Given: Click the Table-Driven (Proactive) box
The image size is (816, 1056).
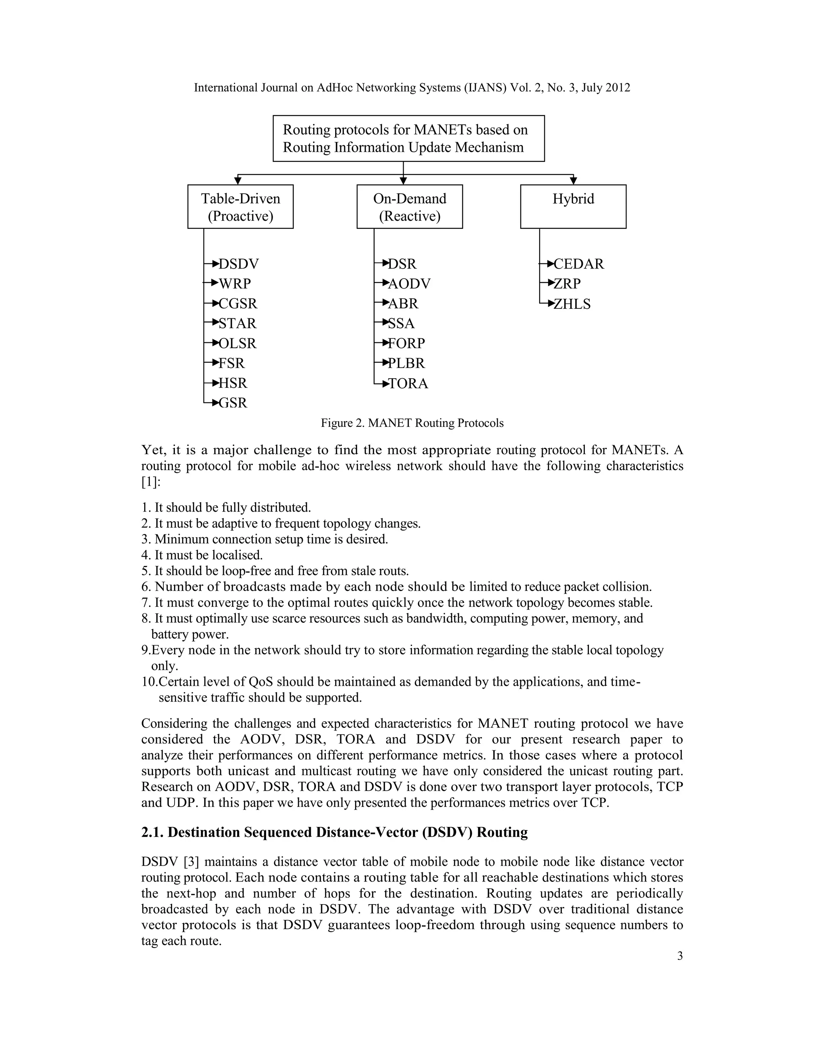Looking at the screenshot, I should coord(240,206).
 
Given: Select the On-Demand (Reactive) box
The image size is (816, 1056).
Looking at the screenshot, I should coord(410,206).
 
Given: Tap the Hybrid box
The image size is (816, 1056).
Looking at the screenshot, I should coord(573,206).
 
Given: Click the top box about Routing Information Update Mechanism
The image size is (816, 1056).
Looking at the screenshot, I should coord(408,138).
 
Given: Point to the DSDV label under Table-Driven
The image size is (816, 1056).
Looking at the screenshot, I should coord(238,264).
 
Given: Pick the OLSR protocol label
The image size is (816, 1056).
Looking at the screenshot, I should coord(237,343).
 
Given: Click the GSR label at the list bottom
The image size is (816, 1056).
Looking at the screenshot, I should coord(233,403).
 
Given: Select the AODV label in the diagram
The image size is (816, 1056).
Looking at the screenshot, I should coord(409,284).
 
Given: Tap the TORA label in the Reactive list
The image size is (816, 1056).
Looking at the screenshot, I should coord(408,383).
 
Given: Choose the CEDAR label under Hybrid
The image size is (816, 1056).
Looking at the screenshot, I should coord(579,264).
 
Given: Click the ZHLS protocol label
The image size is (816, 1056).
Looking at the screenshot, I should coord(572,304).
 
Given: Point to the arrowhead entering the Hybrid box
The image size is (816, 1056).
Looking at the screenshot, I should coord(573,181).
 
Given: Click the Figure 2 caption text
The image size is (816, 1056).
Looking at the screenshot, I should coord(412,423).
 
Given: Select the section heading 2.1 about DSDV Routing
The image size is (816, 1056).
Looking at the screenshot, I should coord(334,832).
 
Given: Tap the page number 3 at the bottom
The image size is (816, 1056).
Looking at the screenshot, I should coord(680,956).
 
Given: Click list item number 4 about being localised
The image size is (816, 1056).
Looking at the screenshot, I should coord(202,555).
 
